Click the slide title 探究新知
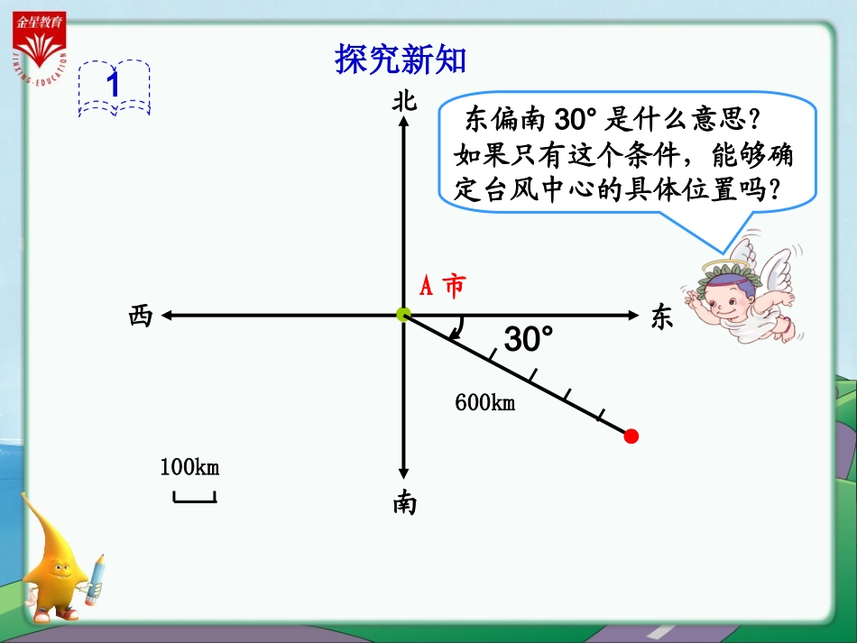(x=401, y=60)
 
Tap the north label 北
(x=404, y=101)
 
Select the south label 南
(x=404, y=504)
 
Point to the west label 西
(x=141, y=317)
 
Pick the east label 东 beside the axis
(x=661, y=317)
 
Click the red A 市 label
(x=443, y=287)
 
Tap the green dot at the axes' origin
(x=403, y=315)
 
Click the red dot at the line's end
(x=631, y=436)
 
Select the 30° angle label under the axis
(x=528, y=340)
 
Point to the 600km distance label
(x=484, y=402)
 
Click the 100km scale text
(x=189, y=467)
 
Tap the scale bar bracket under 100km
(x=194, y=497)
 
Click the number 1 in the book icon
(x=114, y=85)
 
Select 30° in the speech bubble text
(x=571, y=120)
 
